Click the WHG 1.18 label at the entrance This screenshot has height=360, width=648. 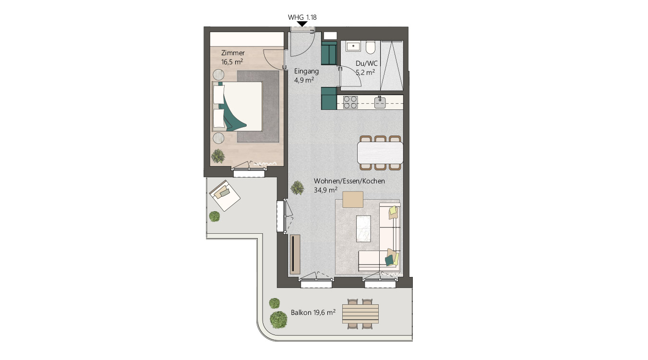click(302, 17)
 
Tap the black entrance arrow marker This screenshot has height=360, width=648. click(302, 24)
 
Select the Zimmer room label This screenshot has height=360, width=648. click(233, 53)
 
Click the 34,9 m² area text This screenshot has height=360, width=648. click(325, 190)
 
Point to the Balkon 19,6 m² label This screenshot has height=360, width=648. click(313, 312)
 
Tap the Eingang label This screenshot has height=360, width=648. click(306, 71)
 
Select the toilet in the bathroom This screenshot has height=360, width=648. click(370, 48)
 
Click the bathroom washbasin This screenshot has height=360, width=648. click(353, 47)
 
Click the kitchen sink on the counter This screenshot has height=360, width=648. click(380, 102)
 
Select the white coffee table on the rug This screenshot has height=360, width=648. click(364, 228)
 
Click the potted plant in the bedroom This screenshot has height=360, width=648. click(218, 156)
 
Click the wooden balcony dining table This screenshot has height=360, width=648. click(360, 314)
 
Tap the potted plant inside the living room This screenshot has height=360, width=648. click(298, 188)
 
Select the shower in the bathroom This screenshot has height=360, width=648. click(392, 65)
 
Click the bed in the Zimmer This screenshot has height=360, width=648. click(238, 106)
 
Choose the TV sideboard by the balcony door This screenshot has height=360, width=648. click(295, 253)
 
